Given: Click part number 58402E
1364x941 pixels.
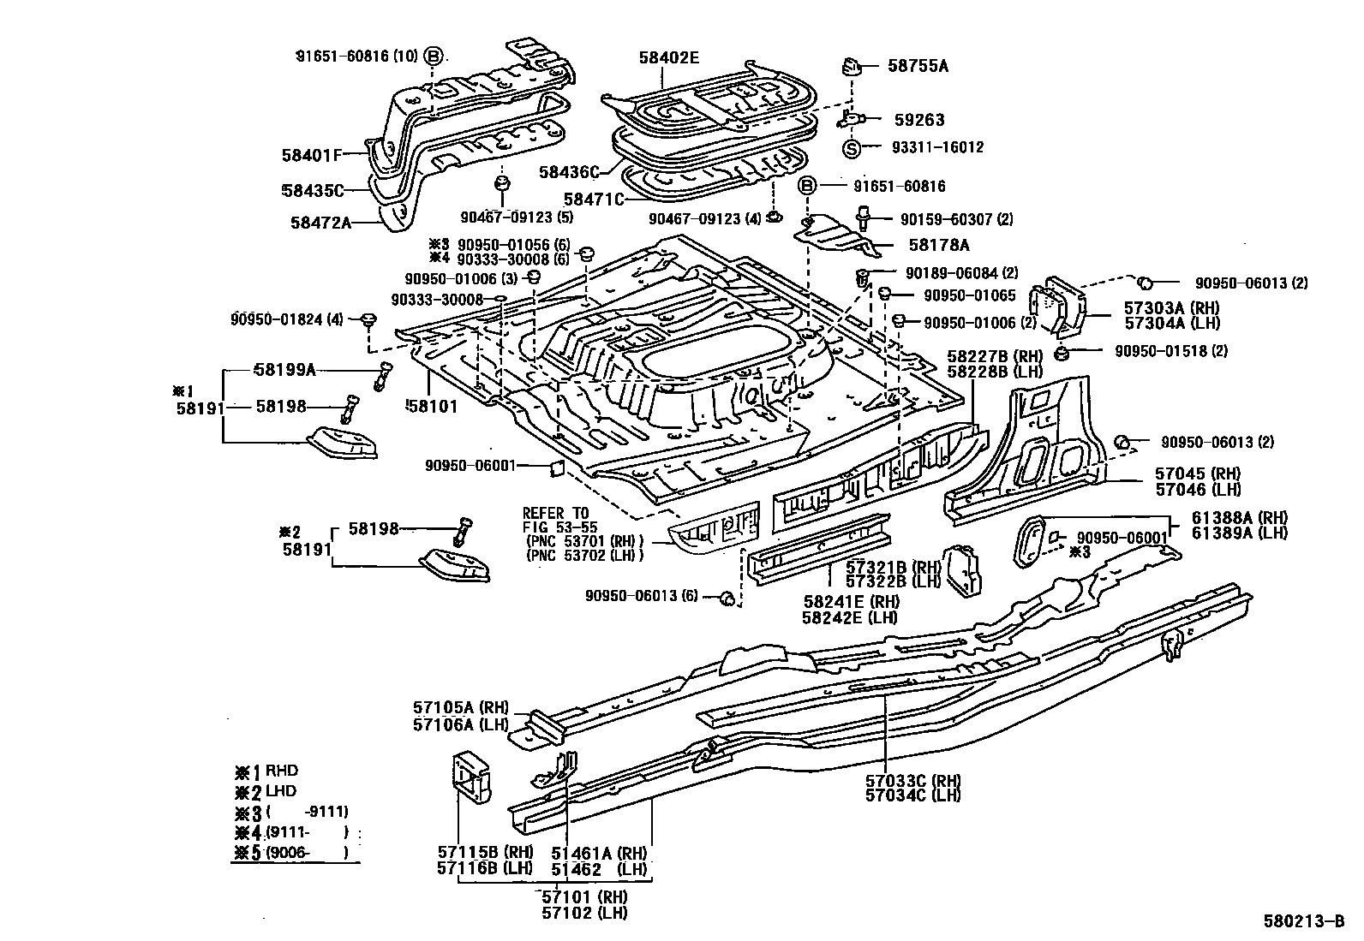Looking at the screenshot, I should click(x=668, y=57).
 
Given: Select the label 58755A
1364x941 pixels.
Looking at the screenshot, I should click(x=918, y=66).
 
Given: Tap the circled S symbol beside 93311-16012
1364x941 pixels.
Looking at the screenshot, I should click(x=852, y=147).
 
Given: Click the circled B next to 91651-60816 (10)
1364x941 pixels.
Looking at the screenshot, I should click(x=434, y=57).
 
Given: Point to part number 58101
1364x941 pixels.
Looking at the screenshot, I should click(x=432, y=407).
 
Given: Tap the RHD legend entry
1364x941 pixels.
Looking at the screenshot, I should click(x=281, y=771).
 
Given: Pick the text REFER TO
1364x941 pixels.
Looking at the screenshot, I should click(x=555, y=513).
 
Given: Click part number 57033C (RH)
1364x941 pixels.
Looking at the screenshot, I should click(x=912, y=780).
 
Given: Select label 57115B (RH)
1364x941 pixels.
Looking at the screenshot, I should click(x=485, y=853).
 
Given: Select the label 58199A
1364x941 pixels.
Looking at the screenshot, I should click(x=285, y=369).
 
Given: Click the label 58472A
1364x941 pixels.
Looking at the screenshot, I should click(x=320, y=223).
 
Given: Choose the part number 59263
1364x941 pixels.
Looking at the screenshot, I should click(x=918, y=120).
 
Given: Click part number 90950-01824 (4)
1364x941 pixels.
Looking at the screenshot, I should click(x=286, y=319).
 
